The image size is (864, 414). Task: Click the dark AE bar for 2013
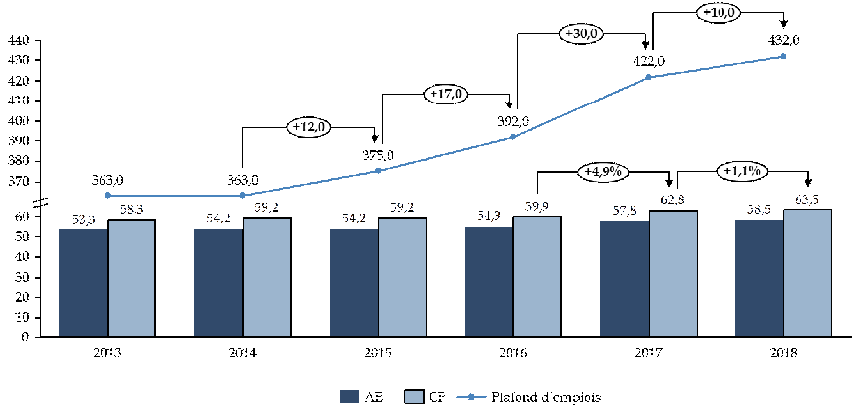[x=83, y=283]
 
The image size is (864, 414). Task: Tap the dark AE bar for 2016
[x=489, y=282]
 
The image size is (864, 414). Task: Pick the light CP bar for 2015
[x=402, y=277]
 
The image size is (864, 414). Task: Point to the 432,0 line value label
[x=783, y=40]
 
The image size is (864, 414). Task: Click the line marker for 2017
[x=648, y=77]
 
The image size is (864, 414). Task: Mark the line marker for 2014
[x=242, y=195]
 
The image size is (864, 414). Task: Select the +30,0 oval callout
[x=581, y=34]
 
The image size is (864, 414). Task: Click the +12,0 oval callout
[x=310, y=127]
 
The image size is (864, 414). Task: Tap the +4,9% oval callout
[x=602, y=171]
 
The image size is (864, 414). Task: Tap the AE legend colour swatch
[x=350, y=396]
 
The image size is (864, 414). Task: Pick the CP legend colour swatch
[x=416, y=396]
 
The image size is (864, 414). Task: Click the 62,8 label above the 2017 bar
[x=674, y=202]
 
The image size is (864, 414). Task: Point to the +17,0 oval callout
[x=445, y=95]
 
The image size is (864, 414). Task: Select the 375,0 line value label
[x=378, y=155]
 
